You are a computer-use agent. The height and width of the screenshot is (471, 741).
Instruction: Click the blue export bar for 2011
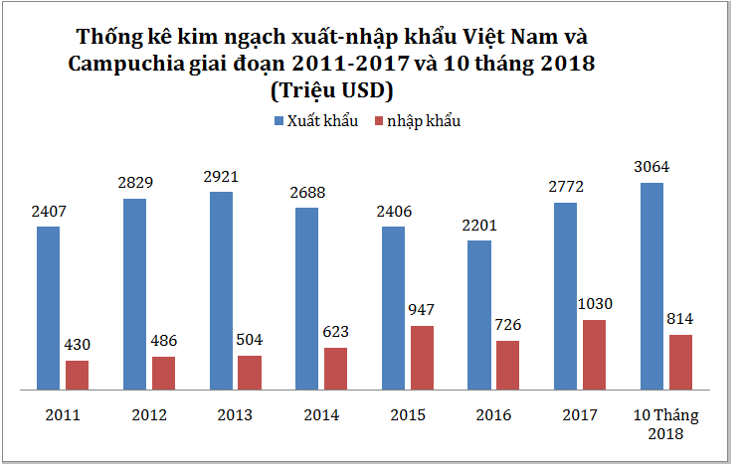click(x=49, y=307)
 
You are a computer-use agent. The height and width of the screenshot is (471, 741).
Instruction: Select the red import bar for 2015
click(x=422, y=357)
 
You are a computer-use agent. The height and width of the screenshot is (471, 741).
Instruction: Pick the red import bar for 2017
click(x=594, y=354)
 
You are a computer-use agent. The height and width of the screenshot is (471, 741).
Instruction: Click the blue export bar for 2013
click(x=222, y=289)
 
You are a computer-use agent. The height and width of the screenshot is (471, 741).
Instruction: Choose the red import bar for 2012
click(x=163, y=372)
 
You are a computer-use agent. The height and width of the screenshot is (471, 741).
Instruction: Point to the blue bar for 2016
click(x=479, y=314)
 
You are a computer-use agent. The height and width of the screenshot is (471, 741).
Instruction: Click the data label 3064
click(x=652, y=166)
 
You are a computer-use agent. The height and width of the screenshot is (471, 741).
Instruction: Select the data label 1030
click(x=595, y=304)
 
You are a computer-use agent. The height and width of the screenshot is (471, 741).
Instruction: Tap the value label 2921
click(x=222, y=176)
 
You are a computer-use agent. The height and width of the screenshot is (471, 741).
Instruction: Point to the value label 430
click(x=77, y=345)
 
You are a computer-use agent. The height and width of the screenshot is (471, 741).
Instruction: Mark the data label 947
click(x=422, y=310)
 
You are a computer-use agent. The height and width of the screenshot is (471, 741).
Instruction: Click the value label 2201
click(x=479, y=225)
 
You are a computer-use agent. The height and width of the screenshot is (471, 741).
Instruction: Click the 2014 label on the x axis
click(x=321, y=413)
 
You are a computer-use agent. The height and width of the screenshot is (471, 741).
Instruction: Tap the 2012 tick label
click(x=149, y=413)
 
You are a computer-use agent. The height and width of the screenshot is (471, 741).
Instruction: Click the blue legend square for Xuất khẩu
click(x=278, y=121)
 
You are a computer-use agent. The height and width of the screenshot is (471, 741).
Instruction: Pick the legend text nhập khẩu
click(x=424, y=121)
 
